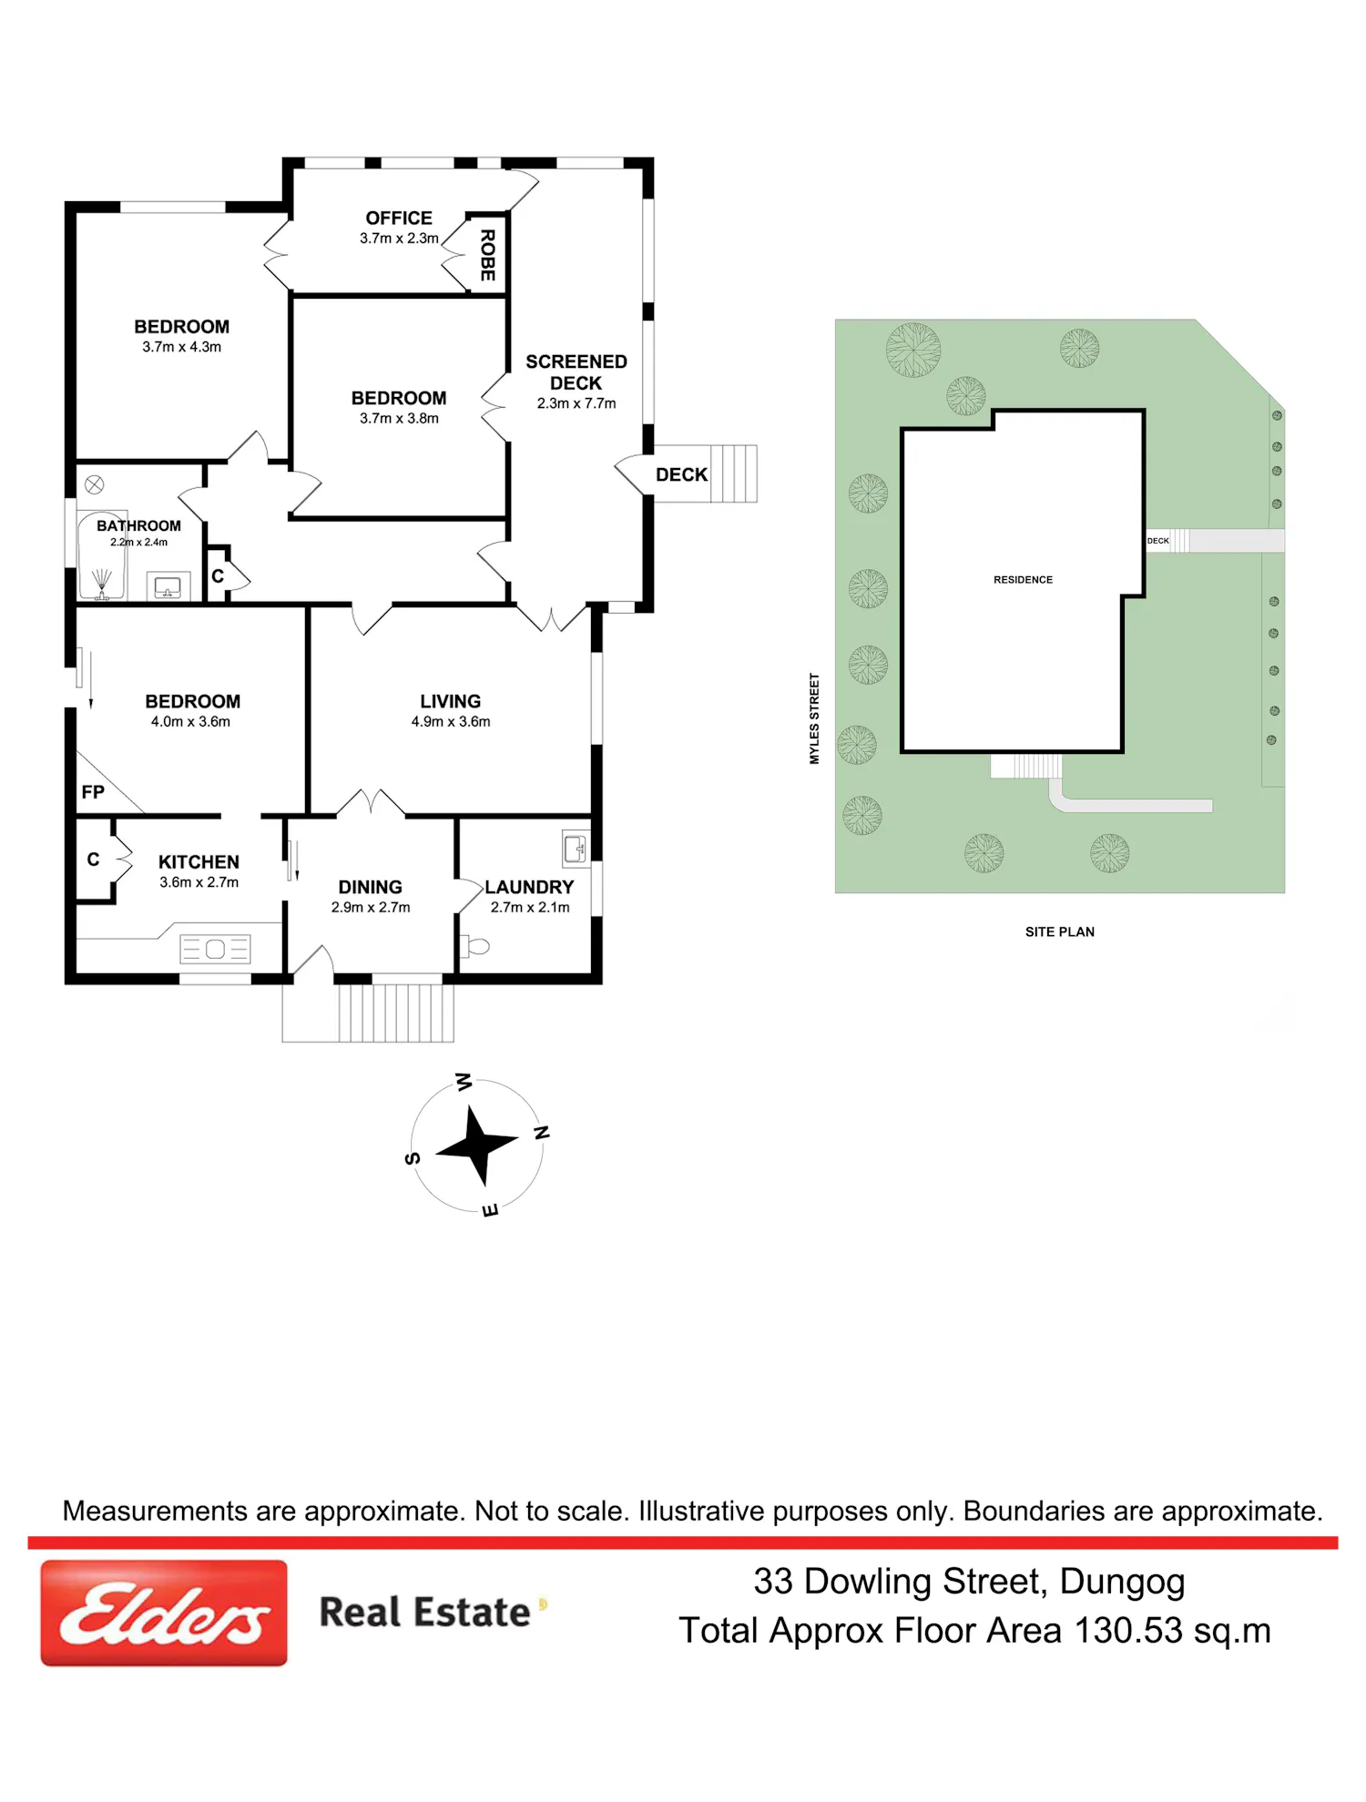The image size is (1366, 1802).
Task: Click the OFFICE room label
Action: [399, 219]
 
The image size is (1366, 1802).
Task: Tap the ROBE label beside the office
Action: [488, 255]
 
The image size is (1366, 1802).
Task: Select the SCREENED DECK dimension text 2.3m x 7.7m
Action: [576, 403]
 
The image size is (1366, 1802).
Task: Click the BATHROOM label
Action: [138, 525]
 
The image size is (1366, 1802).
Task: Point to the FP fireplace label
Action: [93, 792]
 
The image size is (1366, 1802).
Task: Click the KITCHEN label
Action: [199, 862]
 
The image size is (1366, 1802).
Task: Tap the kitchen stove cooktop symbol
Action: [215, 949]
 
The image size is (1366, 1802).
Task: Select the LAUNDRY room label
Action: [529, 887]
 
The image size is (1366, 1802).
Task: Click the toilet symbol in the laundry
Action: [474, 947]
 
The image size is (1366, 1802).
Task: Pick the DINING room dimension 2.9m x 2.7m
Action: [371, 907]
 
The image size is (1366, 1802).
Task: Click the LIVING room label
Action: [451, 701]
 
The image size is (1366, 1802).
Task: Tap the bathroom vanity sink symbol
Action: [168, 586]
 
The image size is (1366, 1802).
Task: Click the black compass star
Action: [476, 1145]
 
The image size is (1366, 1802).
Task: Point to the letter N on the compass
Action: [542, 1133]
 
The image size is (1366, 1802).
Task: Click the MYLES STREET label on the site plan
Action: [815, 718]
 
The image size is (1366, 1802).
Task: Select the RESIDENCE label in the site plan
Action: [1023, 580]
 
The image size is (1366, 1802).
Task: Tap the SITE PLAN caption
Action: [1060, 932]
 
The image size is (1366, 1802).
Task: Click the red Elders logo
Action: [164, 1613]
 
